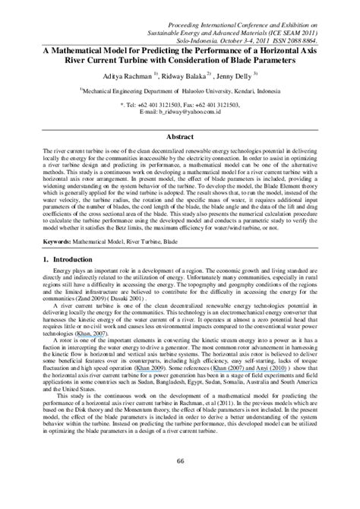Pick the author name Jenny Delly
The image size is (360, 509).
coord(237,77)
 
